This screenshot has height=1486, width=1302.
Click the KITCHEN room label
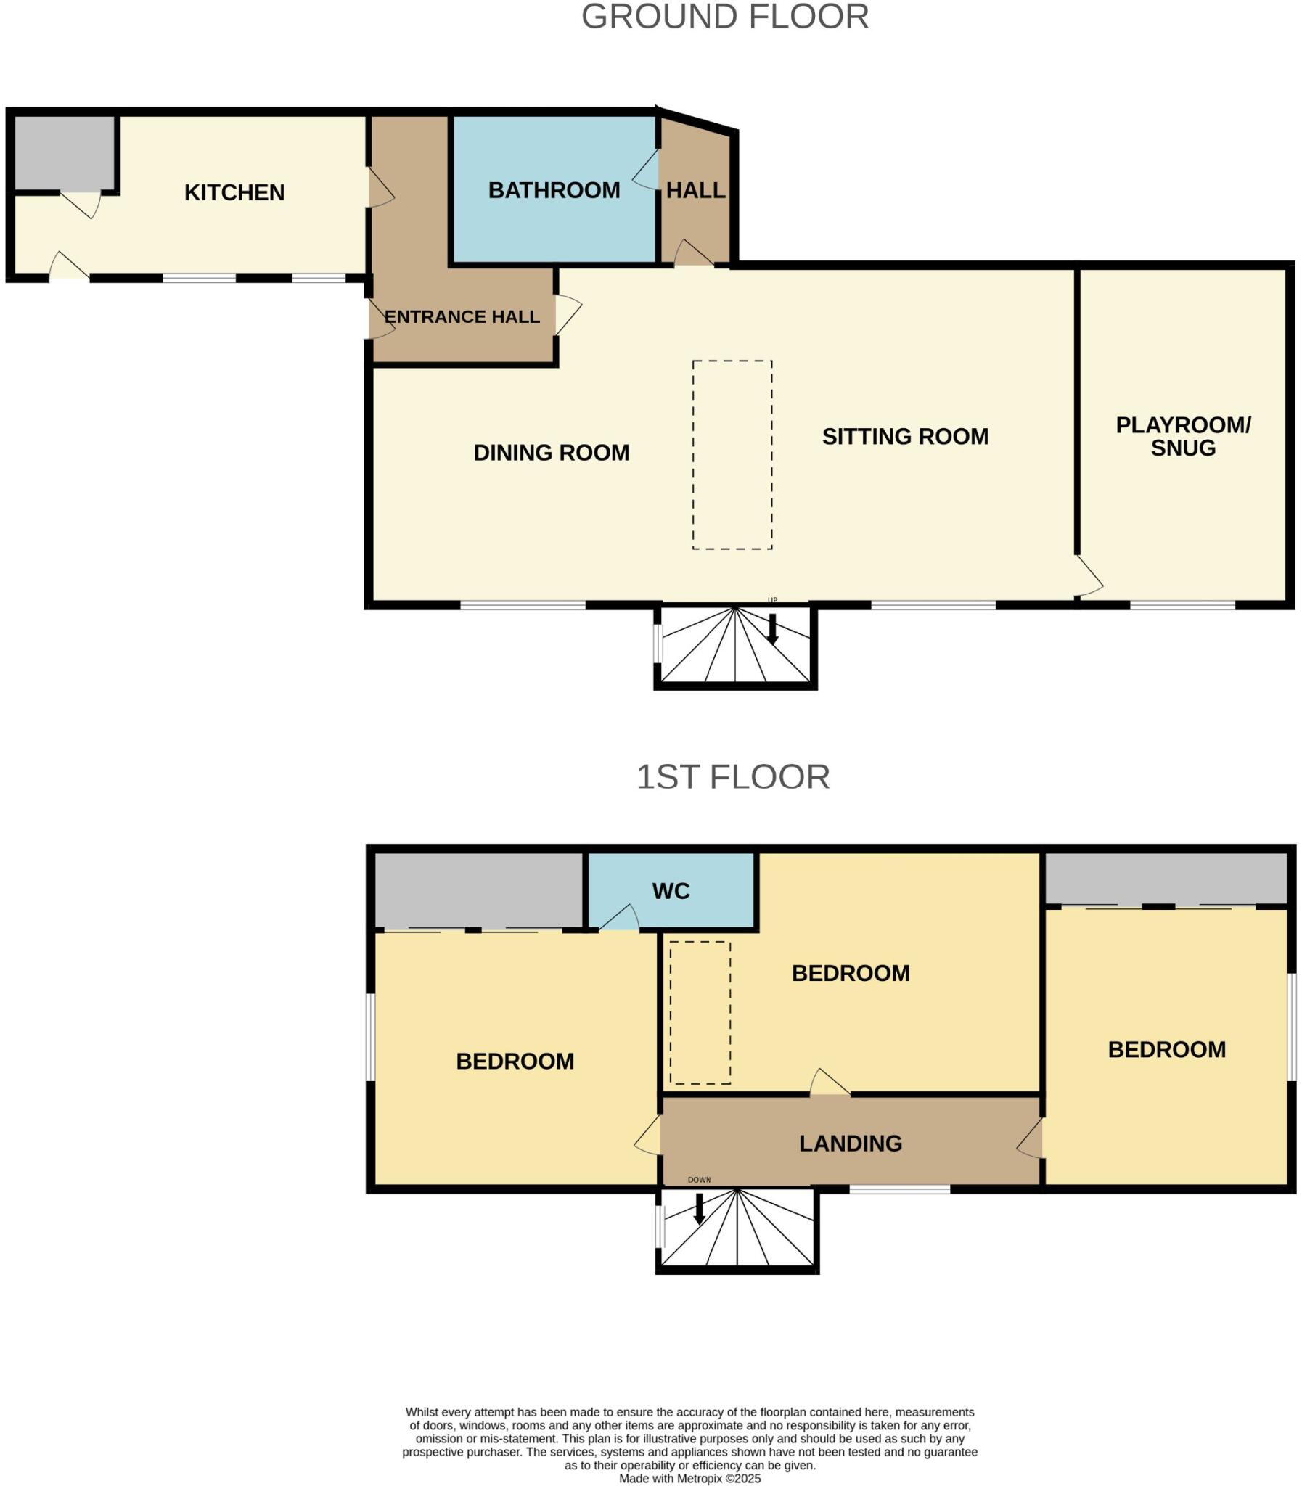pyautogui.click(x=234, y=192)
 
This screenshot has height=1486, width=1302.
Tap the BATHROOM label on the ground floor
pyautogui.click(x=554, y=190)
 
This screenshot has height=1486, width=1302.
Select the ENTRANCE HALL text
pyautogui.click(x=462, y=316)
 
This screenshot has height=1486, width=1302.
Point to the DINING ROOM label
pyautogui.click(x=551, y=453)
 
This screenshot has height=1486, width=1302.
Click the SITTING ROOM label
pyautogui.click(x=904, y=437)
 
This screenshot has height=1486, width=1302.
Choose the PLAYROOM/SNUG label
pyautogui.click(x=1183, y=436)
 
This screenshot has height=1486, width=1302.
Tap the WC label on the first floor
pyautogui.click(x=671, y=891)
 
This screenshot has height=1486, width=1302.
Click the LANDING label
pyautogui.click(x=850, y=1144)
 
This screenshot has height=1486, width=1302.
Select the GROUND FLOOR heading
pyautogui.click(x=724, y=17)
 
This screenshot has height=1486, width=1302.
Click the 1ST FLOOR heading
pyautogui.click(x=732, y=777)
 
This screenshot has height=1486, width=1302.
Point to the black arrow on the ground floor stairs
pyautogui.click(x=772, y=629)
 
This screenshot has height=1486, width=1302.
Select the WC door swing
pyautogui.click(x=620, y=919)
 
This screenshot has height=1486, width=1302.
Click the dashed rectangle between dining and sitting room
pyautogui.click(x=732, y=455)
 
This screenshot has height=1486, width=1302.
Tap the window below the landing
pyautogui.click(x=899, y=1189)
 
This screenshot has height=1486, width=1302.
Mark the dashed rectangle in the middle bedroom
pyautogui.click(x=700, y=1013)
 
